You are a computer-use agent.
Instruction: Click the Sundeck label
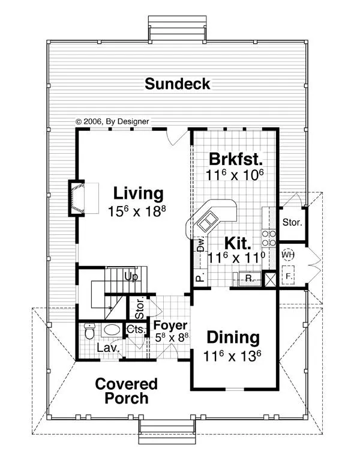point(178,84)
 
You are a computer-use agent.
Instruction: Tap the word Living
point(139,193)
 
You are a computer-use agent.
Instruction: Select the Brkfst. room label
point(236,159)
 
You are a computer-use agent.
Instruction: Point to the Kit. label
point(238,243)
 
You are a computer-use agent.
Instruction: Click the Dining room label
point(233,338)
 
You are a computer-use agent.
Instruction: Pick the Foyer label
point(170,325)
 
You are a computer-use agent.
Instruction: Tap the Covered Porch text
point(126,391)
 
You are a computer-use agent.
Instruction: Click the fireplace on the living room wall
point(77,198)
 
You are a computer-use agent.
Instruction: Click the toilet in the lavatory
point(89,331)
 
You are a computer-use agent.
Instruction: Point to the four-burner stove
point(269,238)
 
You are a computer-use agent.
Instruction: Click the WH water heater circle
point(287,255)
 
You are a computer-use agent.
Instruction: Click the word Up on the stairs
point(131,277)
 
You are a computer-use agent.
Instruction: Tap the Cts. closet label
point(136,329)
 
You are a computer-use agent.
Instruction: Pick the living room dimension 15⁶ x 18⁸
point(137,211)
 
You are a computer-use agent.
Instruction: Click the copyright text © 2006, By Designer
point(112,121)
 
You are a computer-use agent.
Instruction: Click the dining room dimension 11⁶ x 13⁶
point(232,356)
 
